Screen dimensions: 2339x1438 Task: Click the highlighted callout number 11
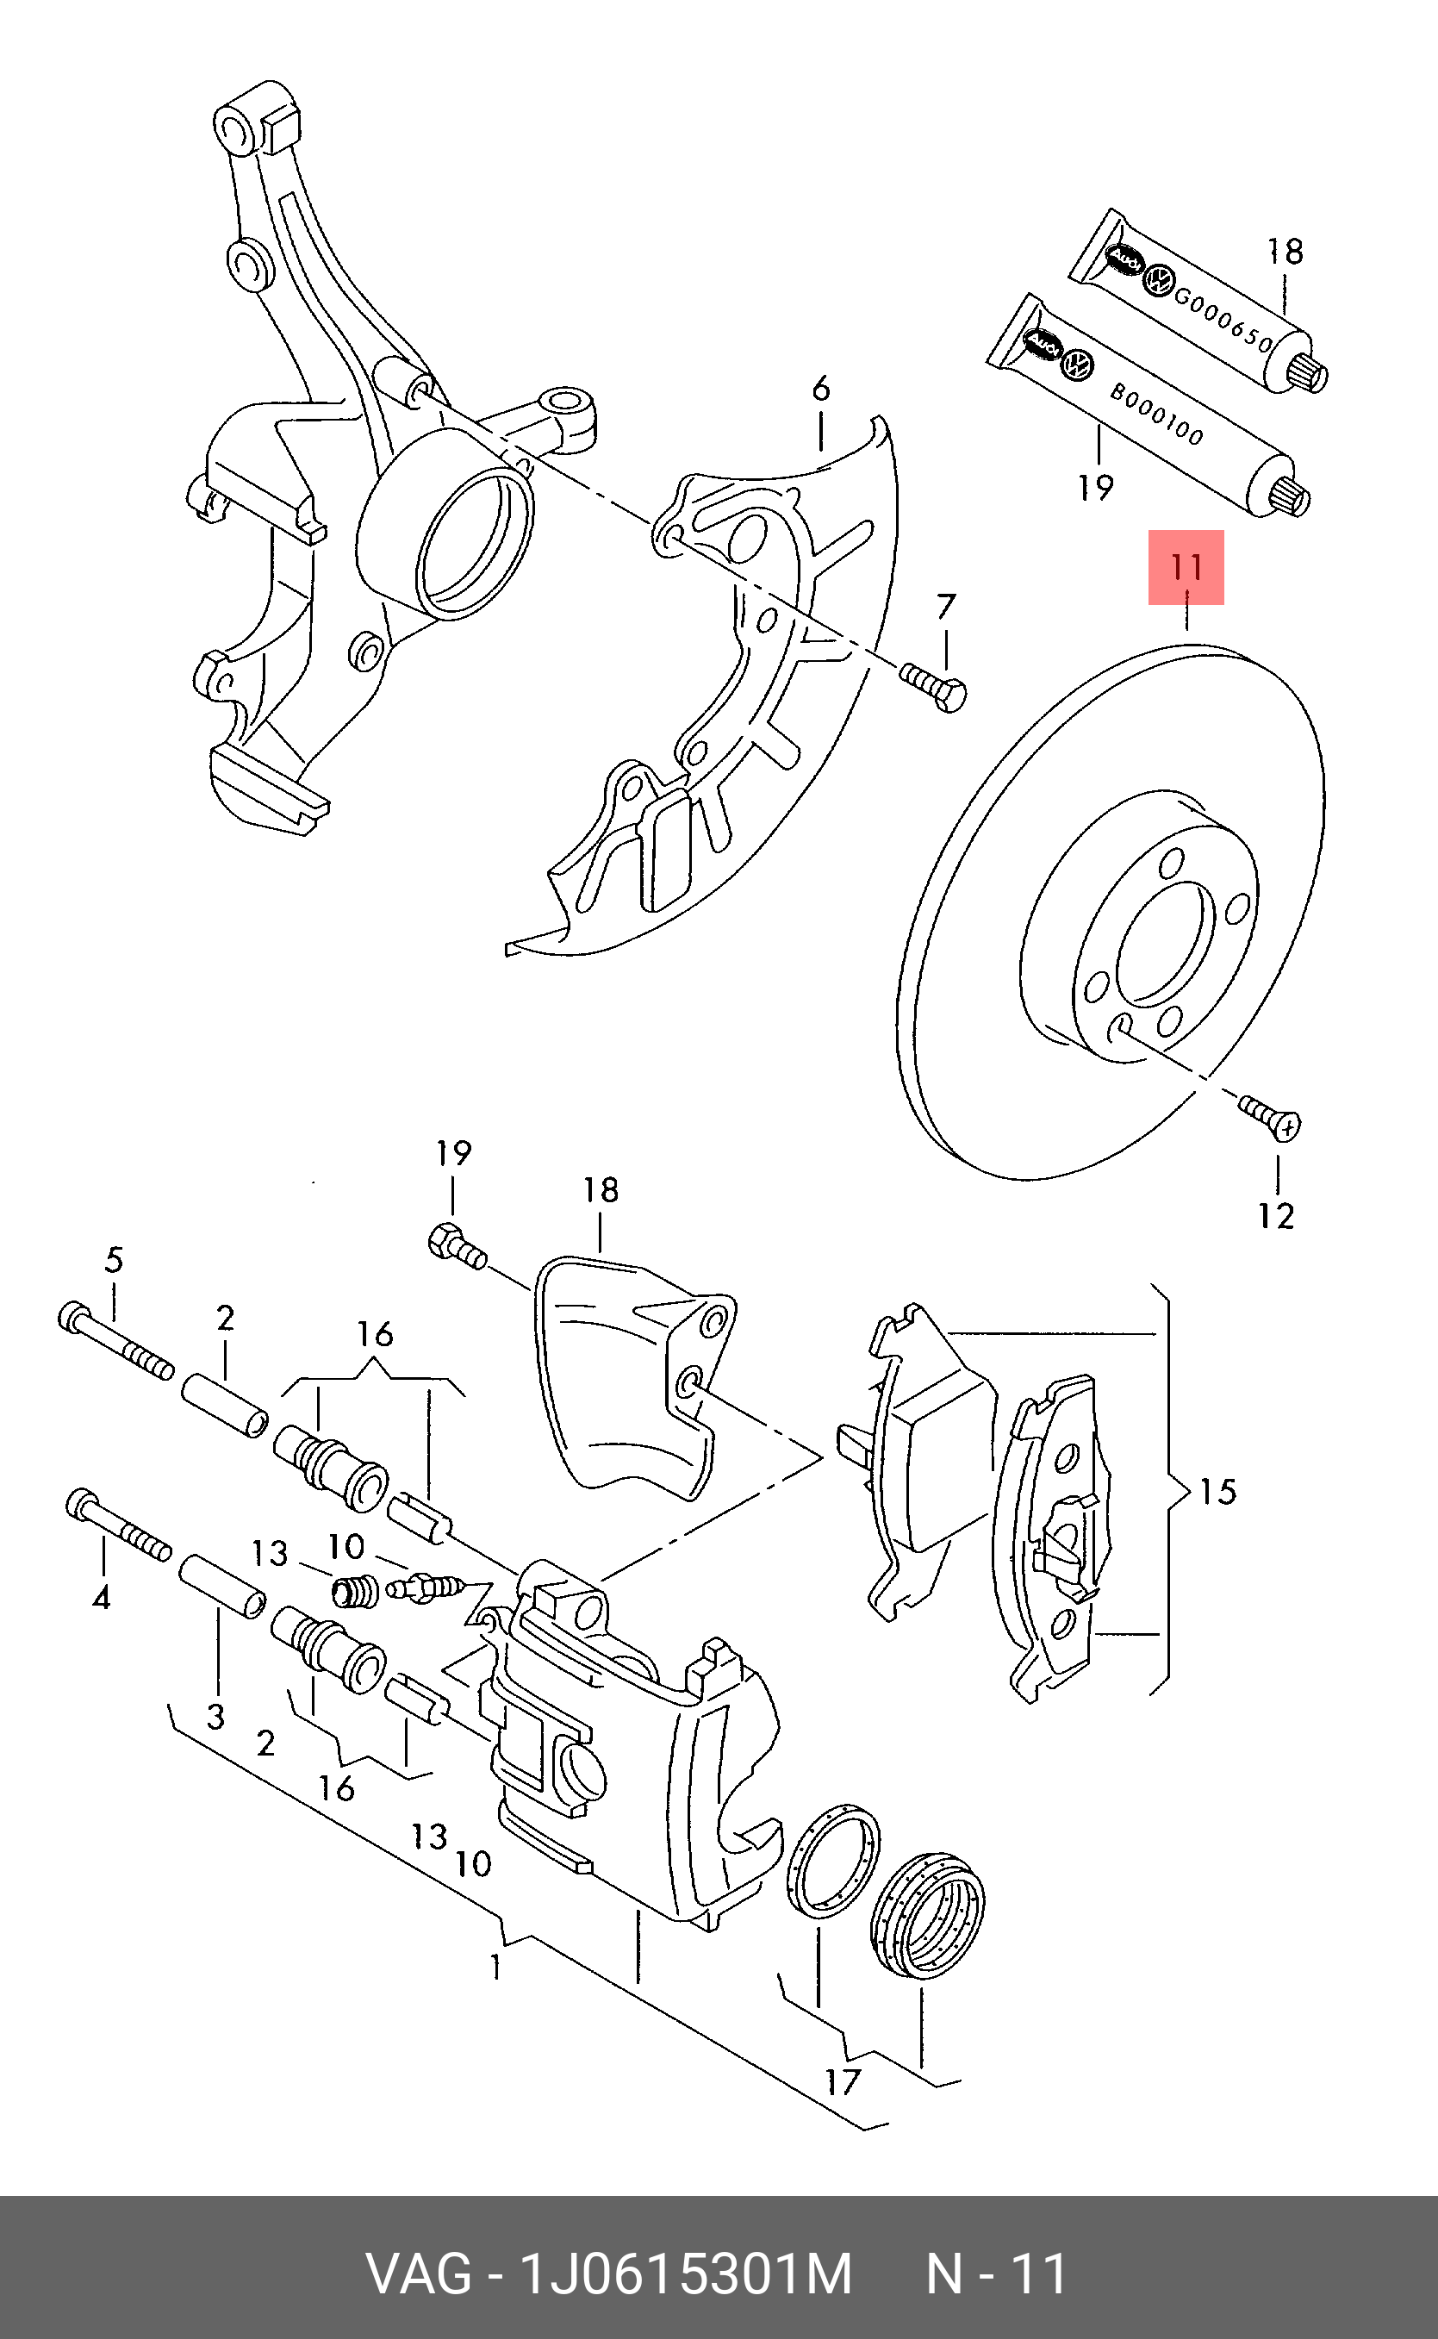point(1186,568)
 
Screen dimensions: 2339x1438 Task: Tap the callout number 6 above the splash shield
point(821,389)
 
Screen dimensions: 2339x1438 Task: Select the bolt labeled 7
point(934,686)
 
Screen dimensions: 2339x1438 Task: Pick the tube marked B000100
point(1151,409)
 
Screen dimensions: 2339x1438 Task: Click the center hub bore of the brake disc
point(1165,942)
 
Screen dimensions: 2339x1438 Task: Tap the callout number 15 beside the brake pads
point(1217,1492)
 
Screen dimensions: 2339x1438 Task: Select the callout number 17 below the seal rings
point(842,2082)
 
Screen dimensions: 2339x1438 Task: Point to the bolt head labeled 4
point(81,1505)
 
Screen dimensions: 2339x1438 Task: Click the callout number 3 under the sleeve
point(216,1716)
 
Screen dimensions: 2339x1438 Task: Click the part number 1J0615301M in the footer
point(684,2274)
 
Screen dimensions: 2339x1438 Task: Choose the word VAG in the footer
point(419,2274)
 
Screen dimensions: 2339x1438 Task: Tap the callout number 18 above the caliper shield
point(601,1190)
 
